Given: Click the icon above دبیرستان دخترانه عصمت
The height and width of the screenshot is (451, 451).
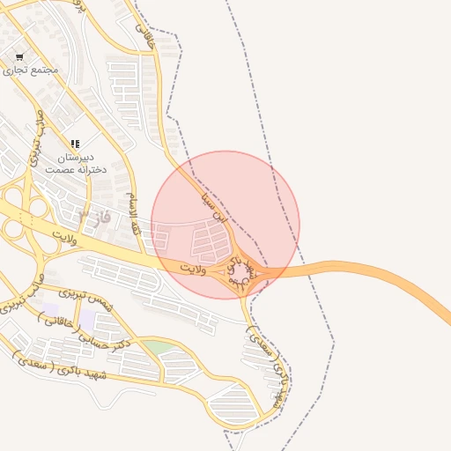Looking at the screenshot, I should click(x=75, y=143).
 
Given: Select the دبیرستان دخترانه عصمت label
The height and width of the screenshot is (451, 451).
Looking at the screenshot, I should click(x=75, y=162).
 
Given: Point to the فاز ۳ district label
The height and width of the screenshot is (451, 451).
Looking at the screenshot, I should click(x=94, y=216).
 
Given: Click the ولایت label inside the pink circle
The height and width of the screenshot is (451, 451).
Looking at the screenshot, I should click(x=192, y=267).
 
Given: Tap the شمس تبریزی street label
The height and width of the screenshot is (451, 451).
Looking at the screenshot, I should click(x=86, y=298).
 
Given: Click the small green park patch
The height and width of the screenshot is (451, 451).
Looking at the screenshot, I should click(x=159, y=348).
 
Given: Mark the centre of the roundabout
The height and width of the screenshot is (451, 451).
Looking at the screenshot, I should click(x=240, y=272).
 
